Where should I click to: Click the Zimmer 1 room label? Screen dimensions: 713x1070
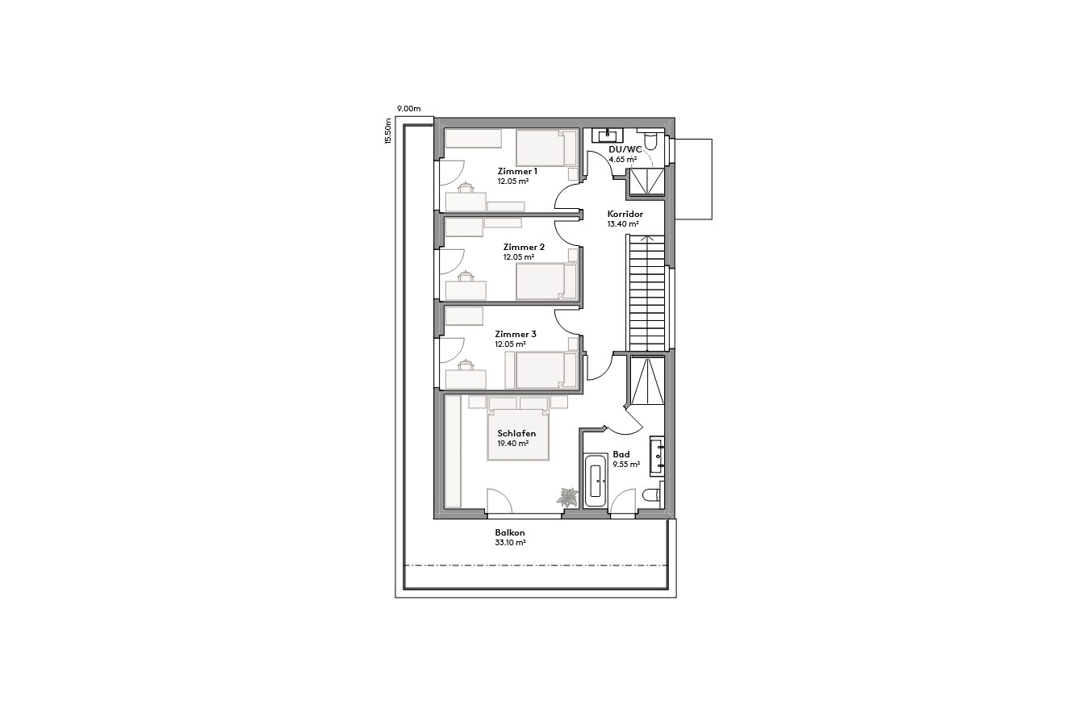point(517,172)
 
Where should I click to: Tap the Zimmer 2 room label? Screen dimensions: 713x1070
point(524,247)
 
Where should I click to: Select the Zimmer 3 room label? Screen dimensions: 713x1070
point(515,334)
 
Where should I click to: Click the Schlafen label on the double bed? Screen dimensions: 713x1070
point(516,433)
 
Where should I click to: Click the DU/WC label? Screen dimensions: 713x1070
point(625,149)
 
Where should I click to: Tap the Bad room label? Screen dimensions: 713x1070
point(621,454)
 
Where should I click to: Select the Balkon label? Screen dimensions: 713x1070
point(510,532)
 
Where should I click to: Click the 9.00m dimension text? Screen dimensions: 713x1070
point(408,108)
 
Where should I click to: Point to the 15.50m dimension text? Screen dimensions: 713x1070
point(388,131)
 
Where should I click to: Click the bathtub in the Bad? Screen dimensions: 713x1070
point(596,481)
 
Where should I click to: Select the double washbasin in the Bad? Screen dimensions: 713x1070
point(658,454)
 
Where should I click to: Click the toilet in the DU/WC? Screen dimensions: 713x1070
point(656,144)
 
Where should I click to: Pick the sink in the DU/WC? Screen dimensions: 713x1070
point(605,136)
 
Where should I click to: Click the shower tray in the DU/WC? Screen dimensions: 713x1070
point(645,181)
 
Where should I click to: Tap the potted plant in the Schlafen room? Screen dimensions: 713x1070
point(567,497)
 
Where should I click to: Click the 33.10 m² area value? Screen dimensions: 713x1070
point(510,543)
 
